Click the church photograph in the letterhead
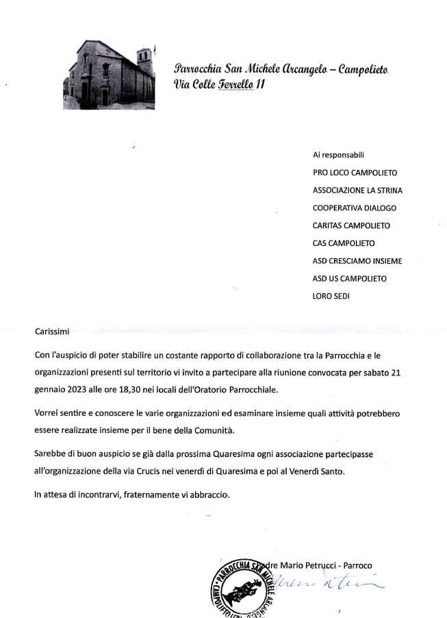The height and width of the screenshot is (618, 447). [x=109, y=75]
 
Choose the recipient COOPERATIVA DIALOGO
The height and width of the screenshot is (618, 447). [x=354, y=208]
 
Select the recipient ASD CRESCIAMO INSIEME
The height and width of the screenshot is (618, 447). [x=357, y=261]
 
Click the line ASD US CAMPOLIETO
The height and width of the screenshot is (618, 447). [x=349, y=279]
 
